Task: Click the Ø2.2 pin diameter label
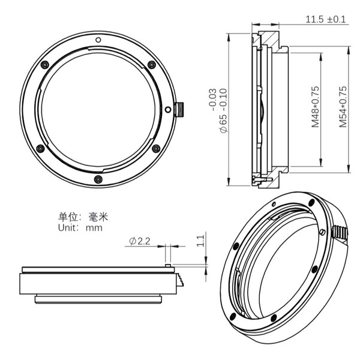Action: (x=139, y=241)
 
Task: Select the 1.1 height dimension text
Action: (x=201, y=241)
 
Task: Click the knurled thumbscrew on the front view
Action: (x=180, y=110)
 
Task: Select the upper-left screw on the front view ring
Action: (x=44, y=65)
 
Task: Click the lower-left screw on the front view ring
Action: (x=40, y=148)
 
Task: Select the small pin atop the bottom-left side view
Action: (x=169, y=263)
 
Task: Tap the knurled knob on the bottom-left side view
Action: (x=179, y=280)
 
